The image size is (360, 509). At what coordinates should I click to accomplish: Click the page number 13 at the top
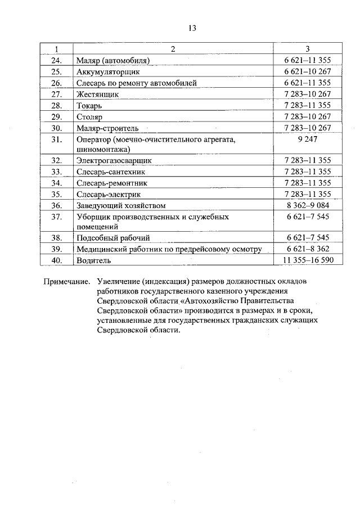[x=192, y=29]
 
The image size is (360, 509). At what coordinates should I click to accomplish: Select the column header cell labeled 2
[x=173, y=49]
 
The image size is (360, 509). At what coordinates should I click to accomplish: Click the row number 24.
[x=56, y=60]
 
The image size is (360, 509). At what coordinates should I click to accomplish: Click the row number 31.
[x=56, y=139]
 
